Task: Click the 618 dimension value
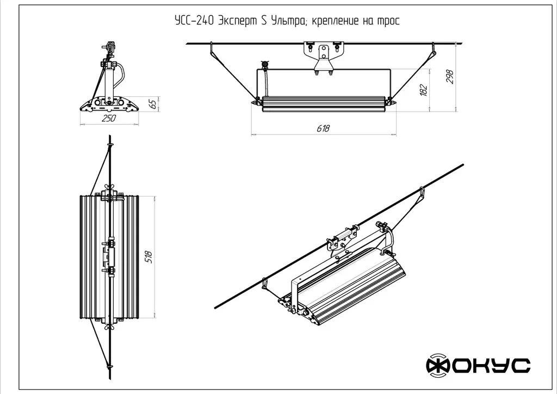click(323, 128)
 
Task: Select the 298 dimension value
click(449, 77)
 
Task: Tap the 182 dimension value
click(424, 89)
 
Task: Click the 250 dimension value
click(109, 119)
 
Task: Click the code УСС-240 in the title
click(193, 21)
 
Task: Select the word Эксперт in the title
click(238, 21)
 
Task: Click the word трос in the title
click(388, 21)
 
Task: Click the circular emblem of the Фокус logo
click(438, 366)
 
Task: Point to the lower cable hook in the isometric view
click(265, 282)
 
